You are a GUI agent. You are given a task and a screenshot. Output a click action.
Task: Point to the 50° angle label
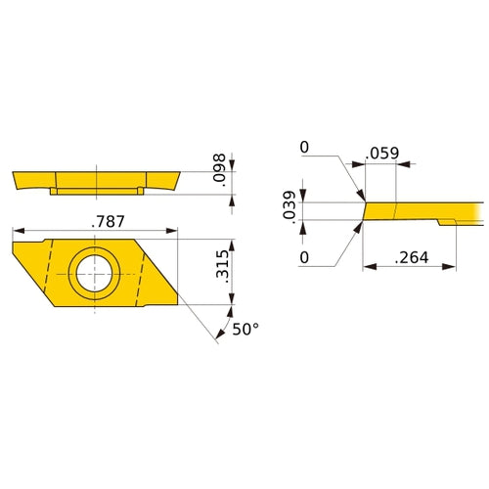(246, 330)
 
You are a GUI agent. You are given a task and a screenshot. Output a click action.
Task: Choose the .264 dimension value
(410, 258)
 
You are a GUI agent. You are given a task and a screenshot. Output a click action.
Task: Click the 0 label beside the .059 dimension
(304, 147)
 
